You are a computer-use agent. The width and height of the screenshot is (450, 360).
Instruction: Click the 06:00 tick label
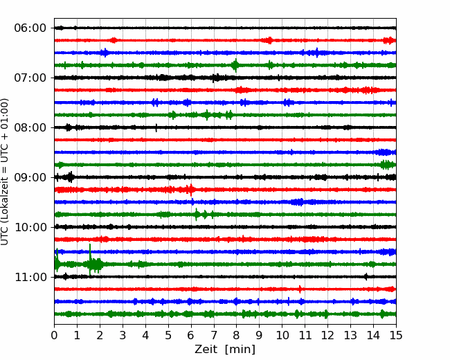coord(30,28)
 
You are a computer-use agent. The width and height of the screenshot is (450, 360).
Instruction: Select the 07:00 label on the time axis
coord(30,78)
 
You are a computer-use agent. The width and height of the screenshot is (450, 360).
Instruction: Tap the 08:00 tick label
coord(30,127)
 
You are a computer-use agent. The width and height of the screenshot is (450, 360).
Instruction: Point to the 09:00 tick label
coord(30,177)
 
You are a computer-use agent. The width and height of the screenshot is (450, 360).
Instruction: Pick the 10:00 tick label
coord(30,227)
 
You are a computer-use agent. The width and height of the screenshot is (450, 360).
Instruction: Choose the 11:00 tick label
coord(30,277)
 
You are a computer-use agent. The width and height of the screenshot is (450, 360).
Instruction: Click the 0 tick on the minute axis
coord(55,336)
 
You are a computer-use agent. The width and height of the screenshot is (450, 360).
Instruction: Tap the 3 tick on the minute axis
coord(123,336)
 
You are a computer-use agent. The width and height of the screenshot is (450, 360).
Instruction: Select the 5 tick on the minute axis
coord(168,336)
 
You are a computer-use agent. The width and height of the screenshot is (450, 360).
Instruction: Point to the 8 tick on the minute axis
coord(237,336)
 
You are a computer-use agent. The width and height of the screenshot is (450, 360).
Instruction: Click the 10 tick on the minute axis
coord(282,336)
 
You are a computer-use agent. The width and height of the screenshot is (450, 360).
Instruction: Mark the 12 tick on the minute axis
coord(327,336)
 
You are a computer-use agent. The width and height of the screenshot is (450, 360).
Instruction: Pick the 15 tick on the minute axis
coord(395,336)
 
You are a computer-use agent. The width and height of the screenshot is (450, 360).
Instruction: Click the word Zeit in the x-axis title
coord(207,350)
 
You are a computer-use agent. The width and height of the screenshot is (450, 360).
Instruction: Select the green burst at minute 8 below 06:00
coord(235,65)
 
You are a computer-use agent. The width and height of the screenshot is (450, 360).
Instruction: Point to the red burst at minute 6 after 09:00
coord(190,190)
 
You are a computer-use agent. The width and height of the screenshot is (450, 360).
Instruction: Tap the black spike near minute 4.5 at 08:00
coord(156,127)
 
